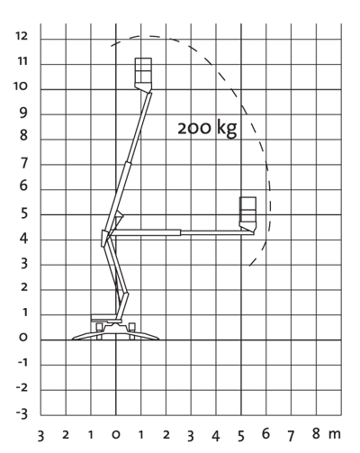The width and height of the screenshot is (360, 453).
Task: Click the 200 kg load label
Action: pyautogui.click(x=207, y=128)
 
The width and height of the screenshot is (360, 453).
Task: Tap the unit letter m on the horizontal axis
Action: pyautogui.click(x=334, y=434)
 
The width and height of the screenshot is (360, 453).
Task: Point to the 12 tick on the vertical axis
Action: pyautogui.click(x=22, y=36)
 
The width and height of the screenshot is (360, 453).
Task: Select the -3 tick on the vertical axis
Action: pyautogui.click(x=22, y=413)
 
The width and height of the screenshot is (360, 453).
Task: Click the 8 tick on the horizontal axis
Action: pyautogui.click(x=316, y=433)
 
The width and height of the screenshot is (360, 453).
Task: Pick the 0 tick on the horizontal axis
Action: pyautogui.click(x=116, y=434)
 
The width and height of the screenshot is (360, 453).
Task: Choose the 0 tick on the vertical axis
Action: pyautogui.click(x=23, y=337)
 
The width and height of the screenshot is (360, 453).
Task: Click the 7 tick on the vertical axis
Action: pyautogui.click(x=24, y=163)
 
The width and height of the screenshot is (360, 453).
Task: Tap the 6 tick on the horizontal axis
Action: pyautogui.click(x=265, y=433)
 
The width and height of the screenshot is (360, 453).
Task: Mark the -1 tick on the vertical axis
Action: pyautogui.click(x=22, y=363)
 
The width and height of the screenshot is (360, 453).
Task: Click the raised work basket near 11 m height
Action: pyautogui.click(x=143, y=74)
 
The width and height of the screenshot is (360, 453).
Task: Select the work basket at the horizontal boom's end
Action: pyautogui.click(x=247, y=214)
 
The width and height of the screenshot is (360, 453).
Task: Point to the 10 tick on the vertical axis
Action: pyautogui.click(x=21, y=86)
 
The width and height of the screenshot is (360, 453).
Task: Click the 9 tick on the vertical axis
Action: pyautogui.click(x=23, y=113)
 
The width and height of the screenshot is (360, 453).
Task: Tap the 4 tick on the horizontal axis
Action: pyautogui.click(x=216, y=436)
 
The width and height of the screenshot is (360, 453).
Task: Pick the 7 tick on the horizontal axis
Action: pyautogui.click(x=291, y=436)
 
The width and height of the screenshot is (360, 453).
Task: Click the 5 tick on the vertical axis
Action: pyautogui.click(x=24, y=213)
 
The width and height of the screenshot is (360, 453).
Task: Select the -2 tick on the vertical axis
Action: pyautogui.click(x=22, y=388)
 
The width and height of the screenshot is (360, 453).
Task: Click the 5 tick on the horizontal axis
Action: pyautogui.click(x=241, y=436)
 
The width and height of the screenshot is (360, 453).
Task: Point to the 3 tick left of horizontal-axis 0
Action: pyautogui.click(x=40, y=436)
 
